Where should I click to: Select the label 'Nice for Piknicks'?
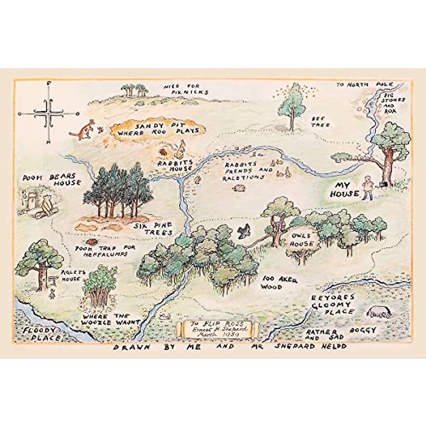click(x=186, y=89)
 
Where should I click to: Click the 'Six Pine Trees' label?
click(x=153, y=229)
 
